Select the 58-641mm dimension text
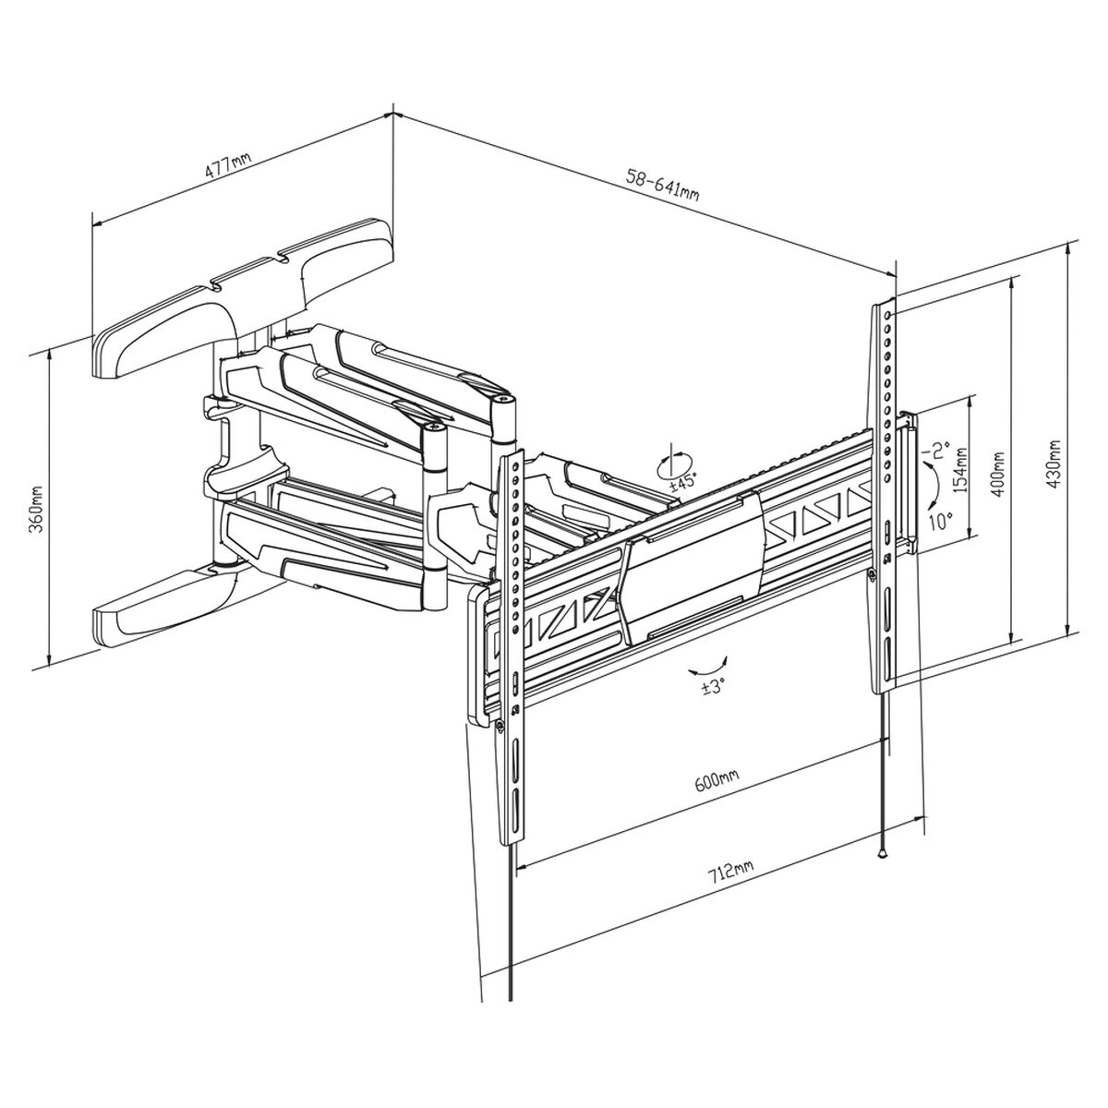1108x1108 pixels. click(662, 187)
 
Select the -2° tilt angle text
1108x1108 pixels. click(940, 450)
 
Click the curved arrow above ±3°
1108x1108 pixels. click(709, 665)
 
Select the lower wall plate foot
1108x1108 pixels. click(166, 605)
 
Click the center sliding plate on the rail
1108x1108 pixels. click(692, 565)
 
